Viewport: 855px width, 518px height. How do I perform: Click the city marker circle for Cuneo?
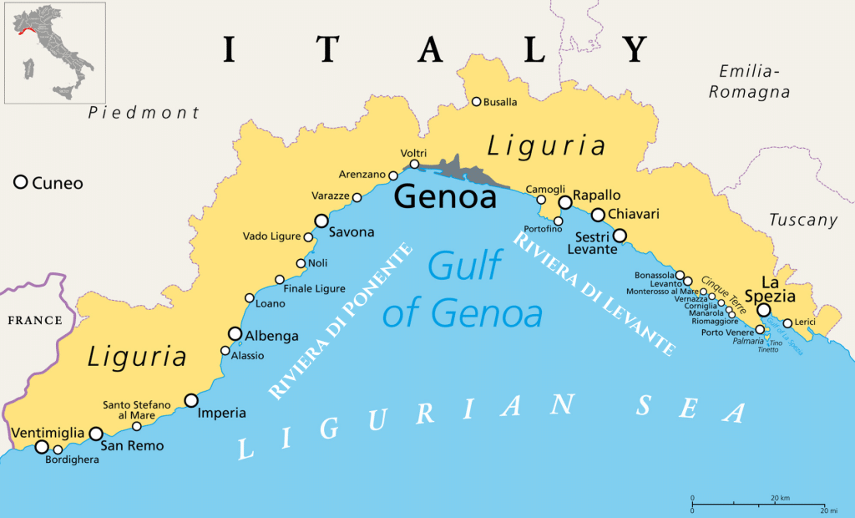pos(21,182)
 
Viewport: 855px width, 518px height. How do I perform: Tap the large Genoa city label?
pos(445,197)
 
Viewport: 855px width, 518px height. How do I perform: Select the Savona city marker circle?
pos(321,221)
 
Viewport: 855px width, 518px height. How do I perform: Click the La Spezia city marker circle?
pos(763,310)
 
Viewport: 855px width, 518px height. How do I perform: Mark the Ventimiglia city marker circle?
pos(42,447)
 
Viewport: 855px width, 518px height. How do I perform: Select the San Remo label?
pos(132,446)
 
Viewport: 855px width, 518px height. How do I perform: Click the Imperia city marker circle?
pos(191,400)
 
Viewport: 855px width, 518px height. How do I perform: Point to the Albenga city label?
pos(269,336)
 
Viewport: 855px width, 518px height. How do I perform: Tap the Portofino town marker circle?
pos(558,221)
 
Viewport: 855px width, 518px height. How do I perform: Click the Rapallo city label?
pos(597,195)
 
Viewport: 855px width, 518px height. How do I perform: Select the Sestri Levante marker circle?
pos(620,235)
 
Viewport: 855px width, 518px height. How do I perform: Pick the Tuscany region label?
pos(802,221)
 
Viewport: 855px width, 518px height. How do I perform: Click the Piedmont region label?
pos(144,113)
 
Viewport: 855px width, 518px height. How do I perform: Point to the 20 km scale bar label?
pos(780,499)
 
